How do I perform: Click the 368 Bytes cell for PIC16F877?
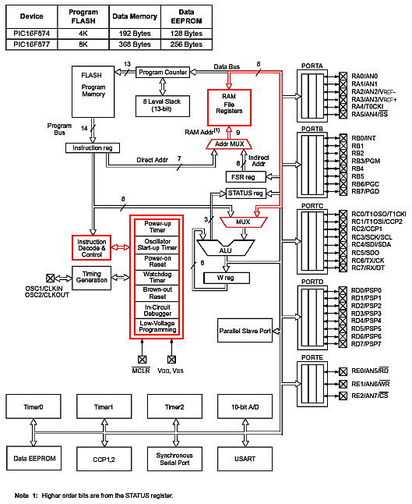[135, 44]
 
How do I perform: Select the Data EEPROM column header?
[186, 16]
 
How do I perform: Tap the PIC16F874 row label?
[31, 34]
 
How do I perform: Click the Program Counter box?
[163, 73]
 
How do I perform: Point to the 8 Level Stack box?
[163, 106]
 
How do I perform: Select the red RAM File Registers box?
[229, 108]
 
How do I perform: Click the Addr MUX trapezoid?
[229, 144]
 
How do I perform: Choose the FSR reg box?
[246, 177]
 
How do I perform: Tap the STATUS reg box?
[246, 193]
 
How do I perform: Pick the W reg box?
[227, 278]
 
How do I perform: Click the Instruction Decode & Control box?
[92, 248]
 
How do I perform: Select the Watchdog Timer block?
[157, 277]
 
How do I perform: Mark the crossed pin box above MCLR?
[143, 360]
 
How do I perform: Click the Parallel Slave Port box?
[245, 331]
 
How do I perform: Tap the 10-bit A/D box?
[245, 406]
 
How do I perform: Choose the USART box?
[245, 459]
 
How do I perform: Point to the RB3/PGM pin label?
[366, 161]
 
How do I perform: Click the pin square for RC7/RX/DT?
[343, 268]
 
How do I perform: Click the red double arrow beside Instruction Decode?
[120, 247]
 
